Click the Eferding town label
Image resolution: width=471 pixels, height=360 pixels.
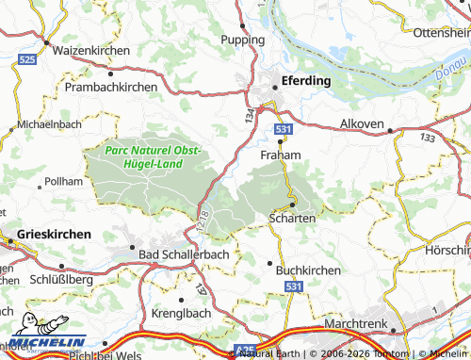[304, 81]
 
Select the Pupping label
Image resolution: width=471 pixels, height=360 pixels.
[242, 40]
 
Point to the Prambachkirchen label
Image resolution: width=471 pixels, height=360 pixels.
[111, 86]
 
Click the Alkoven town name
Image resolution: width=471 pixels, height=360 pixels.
[362, 124]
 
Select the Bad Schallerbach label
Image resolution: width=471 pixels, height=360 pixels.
[176, 255]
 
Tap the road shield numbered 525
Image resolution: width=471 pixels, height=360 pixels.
[27, 59]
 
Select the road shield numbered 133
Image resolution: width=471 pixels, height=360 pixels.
[429, 138]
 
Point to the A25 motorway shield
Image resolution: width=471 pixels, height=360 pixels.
[246, 348]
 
